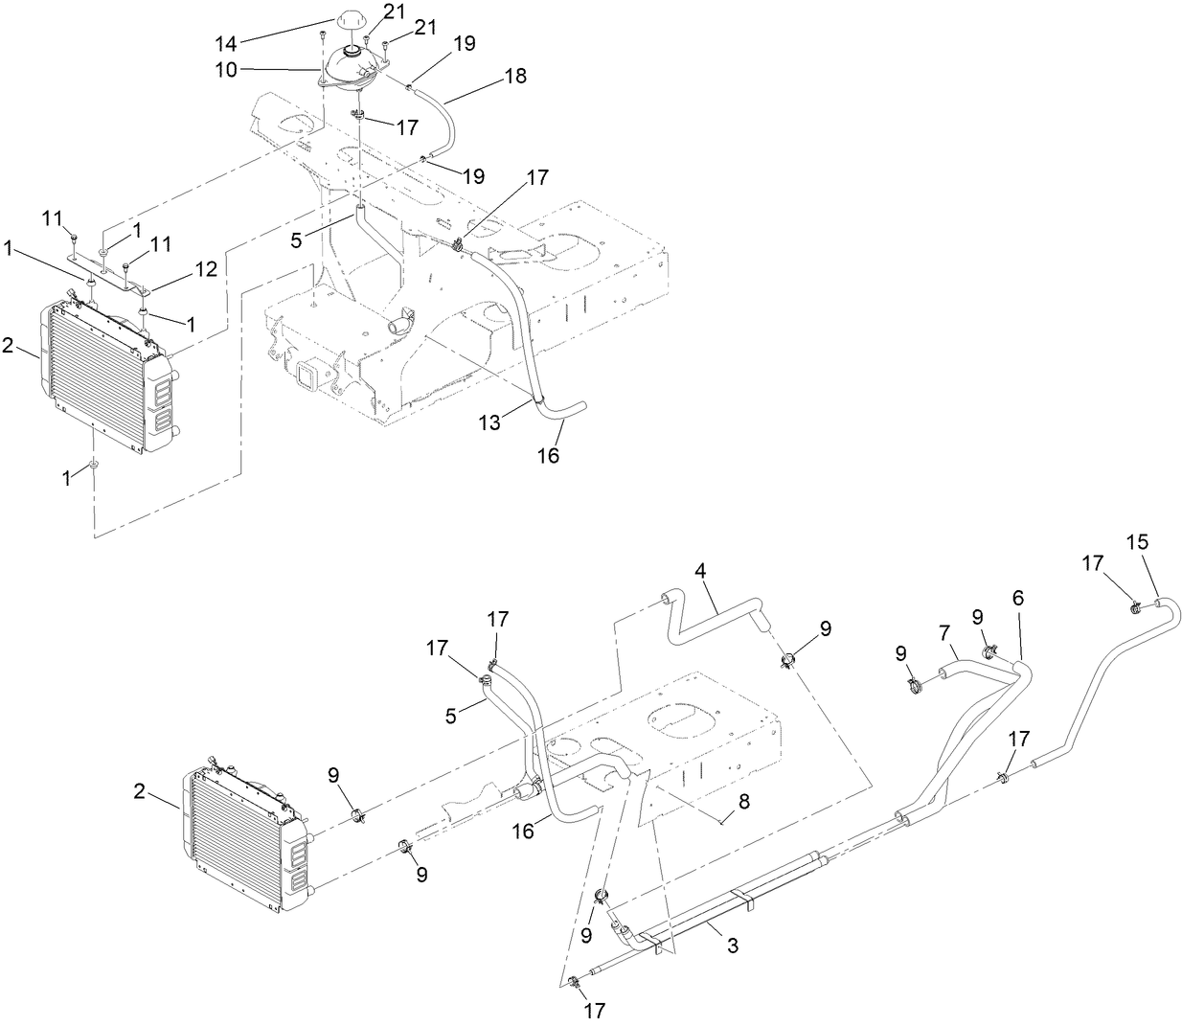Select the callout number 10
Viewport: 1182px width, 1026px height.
(x=226, y=69)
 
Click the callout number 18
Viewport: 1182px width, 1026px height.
(x=515, y=77)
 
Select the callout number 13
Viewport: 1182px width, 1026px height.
(x=489, y=422)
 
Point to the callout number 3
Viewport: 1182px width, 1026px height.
(x=733, y=946)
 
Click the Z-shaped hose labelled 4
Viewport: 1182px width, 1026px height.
(x=714, y=616)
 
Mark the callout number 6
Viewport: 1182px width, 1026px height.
(x=1017, y=598)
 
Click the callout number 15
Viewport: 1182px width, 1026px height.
(x=1136, y=541)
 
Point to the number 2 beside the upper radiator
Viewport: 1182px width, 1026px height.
(x=9, y=346)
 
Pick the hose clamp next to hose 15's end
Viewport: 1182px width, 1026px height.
(x=1134, y=605)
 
